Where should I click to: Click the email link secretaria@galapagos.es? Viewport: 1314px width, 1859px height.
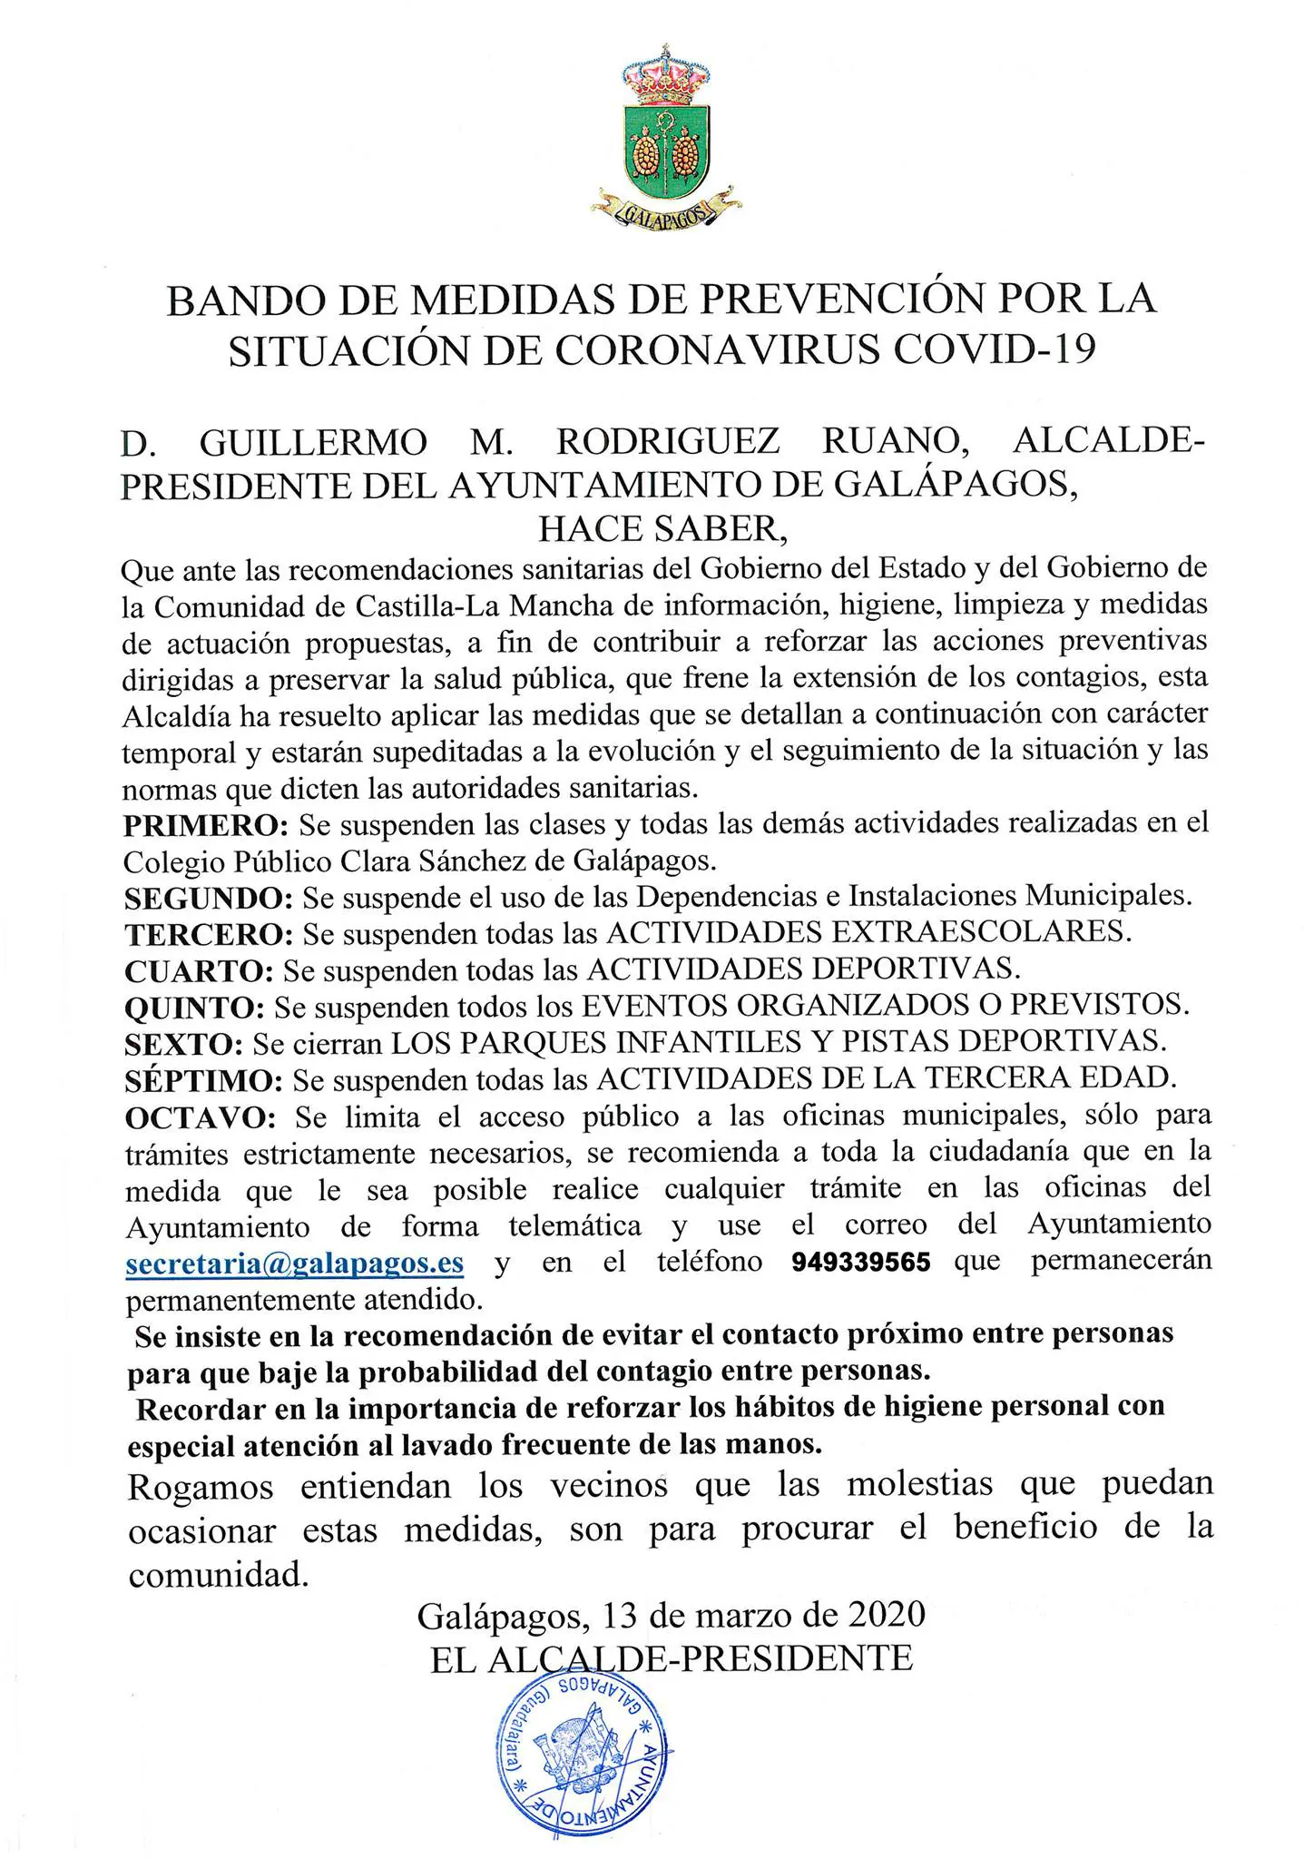pyautogui.click(x=295, y=1263)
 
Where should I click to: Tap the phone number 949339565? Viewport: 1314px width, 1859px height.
pyautogui.click(x=860, y=1263)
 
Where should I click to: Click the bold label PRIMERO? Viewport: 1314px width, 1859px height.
pyautogui.click(x=206, y=825)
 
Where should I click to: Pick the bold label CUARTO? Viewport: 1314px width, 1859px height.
pyautogui.click(x=199, y=970)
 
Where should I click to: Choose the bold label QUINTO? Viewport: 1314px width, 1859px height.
pyautogui.click(x=194, y=1007)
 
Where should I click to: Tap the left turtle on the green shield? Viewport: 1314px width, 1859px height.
pyautogui.click(x=646, y=151)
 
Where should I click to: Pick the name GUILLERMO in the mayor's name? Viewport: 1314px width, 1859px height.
pyautogui.click(x=313, y=442)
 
